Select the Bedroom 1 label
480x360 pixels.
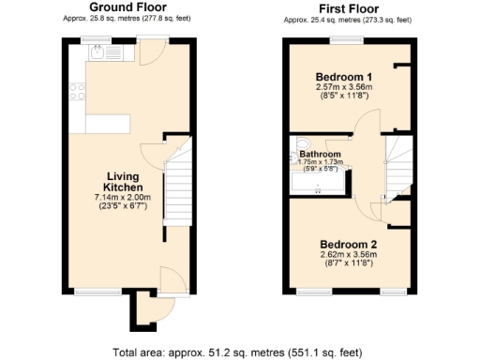[343, 76]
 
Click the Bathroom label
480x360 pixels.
[320, 154]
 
